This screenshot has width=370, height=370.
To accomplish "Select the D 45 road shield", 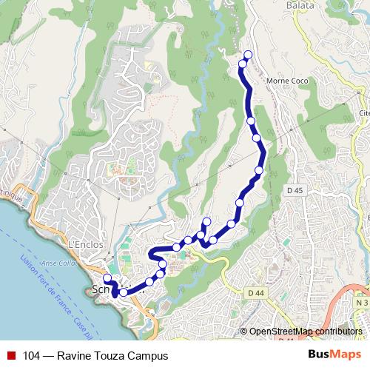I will pyautogui.click(x=295, y=191).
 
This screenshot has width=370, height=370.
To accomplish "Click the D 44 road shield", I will pyautogui.click(x=256, y=293).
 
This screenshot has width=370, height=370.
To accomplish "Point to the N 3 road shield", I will pyautogui.click(x=361, y=303).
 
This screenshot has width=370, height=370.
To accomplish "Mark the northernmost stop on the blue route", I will pyautogui.click(x=247, y=54).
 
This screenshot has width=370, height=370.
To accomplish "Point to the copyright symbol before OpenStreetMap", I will pyautogui.click(x=244, y=332).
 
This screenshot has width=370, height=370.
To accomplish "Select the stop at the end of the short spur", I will pyautogui.click(x=206, y=222).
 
